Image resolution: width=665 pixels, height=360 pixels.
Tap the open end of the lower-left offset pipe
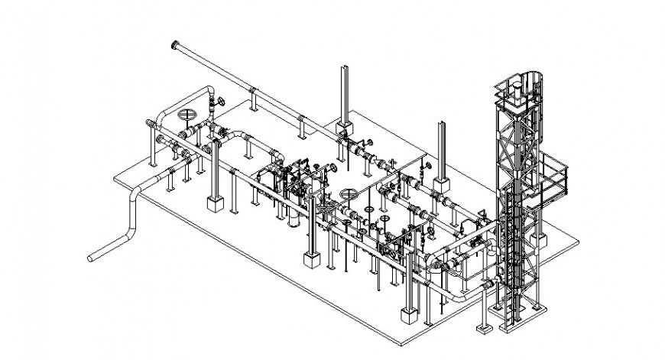click(x=92, y=258)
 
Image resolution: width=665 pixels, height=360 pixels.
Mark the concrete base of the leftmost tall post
click(x=343, y=123)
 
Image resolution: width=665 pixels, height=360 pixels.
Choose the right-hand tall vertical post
click(x=440, y=149)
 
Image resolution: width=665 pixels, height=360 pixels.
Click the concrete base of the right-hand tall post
click(x=440, y=183)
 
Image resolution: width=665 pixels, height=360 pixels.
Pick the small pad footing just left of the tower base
click(x=482, y=330)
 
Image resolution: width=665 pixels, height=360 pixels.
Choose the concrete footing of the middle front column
click(x=312, y=261)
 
